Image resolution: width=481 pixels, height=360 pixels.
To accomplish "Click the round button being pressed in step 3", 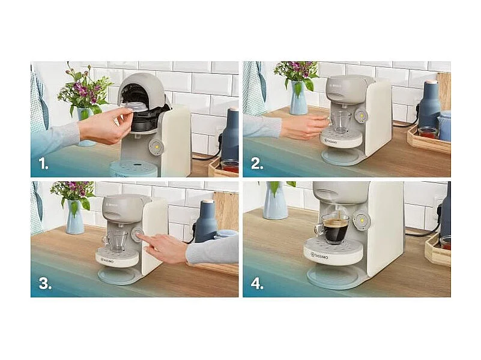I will click(x=138, y=236).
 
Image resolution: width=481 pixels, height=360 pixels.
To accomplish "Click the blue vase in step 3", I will click(x=75, y=218).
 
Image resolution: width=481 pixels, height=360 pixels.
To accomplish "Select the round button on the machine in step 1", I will click(x=156, y=147).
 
